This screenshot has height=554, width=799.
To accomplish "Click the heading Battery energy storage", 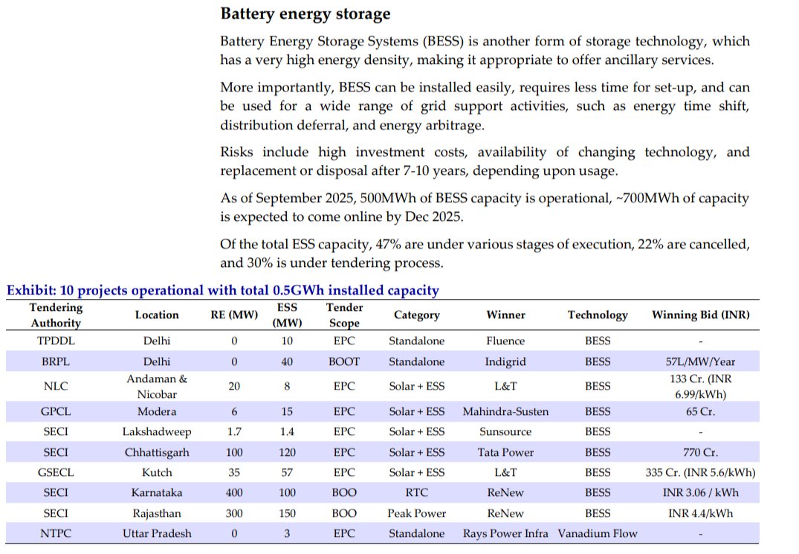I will pyautogui.click(x=305, y=14).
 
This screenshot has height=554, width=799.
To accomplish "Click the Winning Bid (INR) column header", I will pyautogui.click(x=700, y=315).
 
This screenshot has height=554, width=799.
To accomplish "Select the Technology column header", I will pyautogui.click(x=598, y=315).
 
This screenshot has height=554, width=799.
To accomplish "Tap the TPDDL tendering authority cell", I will pyautogui.click(x=56, y=341).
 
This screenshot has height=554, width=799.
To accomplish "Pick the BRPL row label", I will pyautogui.click(x=56, y=361).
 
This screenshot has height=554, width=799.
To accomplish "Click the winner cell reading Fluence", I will pyautogui.click(x=505, y=341).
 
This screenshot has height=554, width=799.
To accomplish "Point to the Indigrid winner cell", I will pyautogui.click(x=505, y=361).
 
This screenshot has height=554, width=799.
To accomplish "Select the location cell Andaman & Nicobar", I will pyautogui.click(x=157, y=386).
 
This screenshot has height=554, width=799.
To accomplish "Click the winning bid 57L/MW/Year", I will pyautogui.click(x=700, y=361).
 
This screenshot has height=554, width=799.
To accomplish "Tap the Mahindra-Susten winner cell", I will pyautogui.click(x=505, y=411).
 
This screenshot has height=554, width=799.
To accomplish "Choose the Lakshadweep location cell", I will pyautogui.click(x=157, y=431).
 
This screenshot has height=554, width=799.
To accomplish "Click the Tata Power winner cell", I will pyautogui.click(x=505, y=451).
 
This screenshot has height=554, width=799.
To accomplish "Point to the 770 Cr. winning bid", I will pyautogui.click(x=700, y=451).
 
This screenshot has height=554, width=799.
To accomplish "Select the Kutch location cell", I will pyautogui.click(x=157, y=472).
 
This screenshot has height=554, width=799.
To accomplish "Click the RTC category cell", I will pyautogui.click(x=416, y=492).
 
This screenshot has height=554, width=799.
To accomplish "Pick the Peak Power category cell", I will pyautogui.click(x=416, y=513).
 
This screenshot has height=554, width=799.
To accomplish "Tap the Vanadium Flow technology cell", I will pyautogui.click(x=598, y=533).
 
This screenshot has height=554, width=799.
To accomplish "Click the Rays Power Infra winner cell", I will pyautogui.click(x=505, y=533).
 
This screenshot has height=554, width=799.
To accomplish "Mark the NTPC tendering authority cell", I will pyautogui.click(x=56, y=533).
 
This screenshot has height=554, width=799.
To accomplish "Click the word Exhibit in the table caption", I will pyautogui.click(x=28, y=291).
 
